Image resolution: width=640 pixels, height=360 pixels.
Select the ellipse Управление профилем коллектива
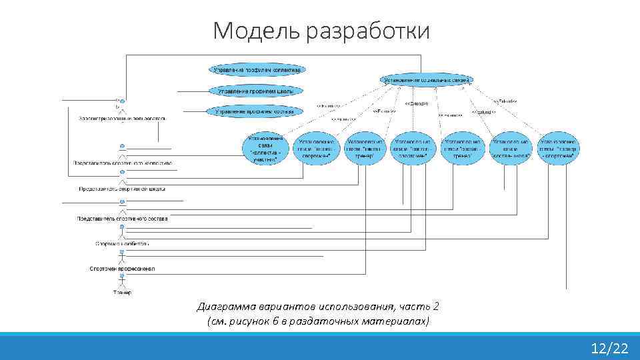(257, 69)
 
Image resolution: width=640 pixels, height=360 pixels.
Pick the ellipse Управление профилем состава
(254, 112)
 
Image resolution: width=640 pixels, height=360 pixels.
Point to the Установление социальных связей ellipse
(427, 80)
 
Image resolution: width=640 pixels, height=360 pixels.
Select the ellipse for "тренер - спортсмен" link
(559, 148)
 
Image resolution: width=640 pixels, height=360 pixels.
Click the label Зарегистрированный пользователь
(121, 119)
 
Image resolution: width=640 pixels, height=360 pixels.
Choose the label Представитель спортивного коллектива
(123, 163)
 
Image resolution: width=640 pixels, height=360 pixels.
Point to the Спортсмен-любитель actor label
(122, 244)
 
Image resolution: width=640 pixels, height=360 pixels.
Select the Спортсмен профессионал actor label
(122, 269)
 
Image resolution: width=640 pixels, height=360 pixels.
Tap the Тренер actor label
(122, 293)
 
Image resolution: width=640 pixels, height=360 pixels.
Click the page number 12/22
(609, 348)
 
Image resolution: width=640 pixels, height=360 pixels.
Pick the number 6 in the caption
(276, 321)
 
